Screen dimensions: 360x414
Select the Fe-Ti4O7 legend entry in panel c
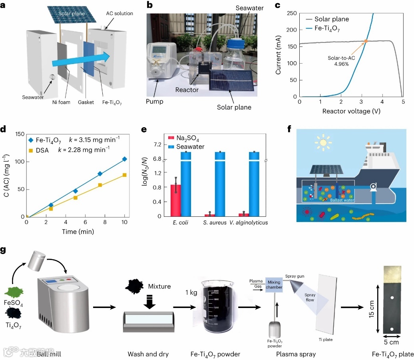click(x=329, y=28)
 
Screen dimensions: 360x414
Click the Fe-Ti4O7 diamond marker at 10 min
click(x=125, y=159)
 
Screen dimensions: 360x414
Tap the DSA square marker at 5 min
click(x=75, y=198)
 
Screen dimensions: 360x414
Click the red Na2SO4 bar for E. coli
click(x=176, y=200)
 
